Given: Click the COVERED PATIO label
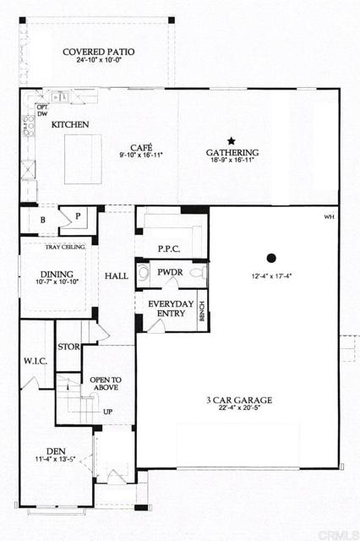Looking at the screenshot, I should pyautogui.click(x=98, y=52).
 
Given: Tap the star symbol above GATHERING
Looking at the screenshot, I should pyautogui.click(x=230, y=140).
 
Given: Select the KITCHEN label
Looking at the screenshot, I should pyautogui.click(x=70, y=124).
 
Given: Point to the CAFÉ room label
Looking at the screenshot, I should pyautogui.click(x=141, y=145).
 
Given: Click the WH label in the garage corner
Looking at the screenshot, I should pyautogui.click(x=329, y=217).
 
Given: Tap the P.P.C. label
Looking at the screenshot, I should pyautogui.click(x=171, y=249).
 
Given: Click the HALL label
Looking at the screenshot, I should pyautogui.click(x=116, y=276).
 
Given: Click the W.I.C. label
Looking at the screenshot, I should pyautogui.click(x=35, y=361).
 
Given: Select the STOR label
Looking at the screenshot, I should pyautogui.click(x=68, y=347).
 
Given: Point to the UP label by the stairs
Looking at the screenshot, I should pyautogui.click(x=106, y=412).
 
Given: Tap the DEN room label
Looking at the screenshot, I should pyautogui.click(x=57, y=451).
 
